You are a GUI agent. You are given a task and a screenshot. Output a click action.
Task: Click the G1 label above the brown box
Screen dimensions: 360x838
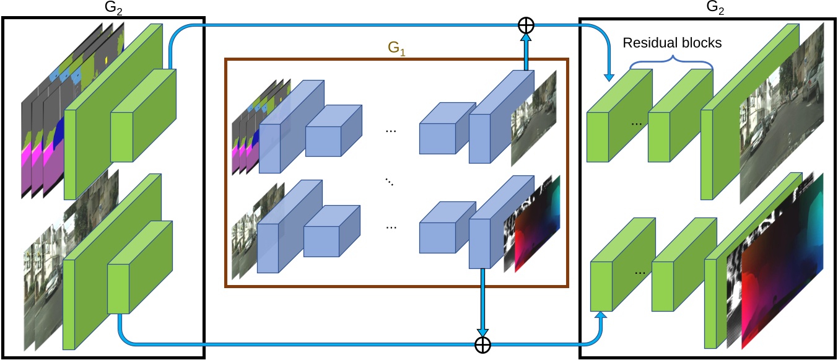(396, 50)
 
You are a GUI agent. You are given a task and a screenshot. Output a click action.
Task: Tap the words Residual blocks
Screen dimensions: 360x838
(672, 43)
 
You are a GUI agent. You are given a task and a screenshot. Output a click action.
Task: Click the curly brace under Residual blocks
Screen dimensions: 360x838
(672, 61)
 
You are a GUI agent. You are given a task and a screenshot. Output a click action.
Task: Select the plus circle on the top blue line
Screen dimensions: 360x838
(525, 25)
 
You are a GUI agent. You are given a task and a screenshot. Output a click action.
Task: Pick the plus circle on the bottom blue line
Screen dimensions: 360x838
(482, 345)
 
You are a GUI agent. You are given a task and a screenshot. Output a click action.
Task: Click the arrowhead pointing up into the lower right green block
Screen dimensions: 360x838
(601, 317)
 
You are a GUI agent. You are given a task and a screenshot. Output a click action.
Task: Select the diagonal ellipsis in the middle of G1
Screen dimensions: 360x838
(390, 181)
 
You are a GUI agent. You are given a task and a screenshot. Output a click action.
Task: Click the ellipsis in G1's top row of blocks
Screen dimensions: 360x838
(391, 131)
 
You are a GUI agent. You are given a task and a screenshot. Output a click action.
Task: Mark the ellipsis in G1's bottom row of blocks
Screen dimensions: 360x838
(391, 227)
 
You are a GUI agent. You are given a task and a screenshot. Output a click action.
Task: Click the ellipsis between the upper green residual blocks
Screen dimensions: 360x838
(636, 123)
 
